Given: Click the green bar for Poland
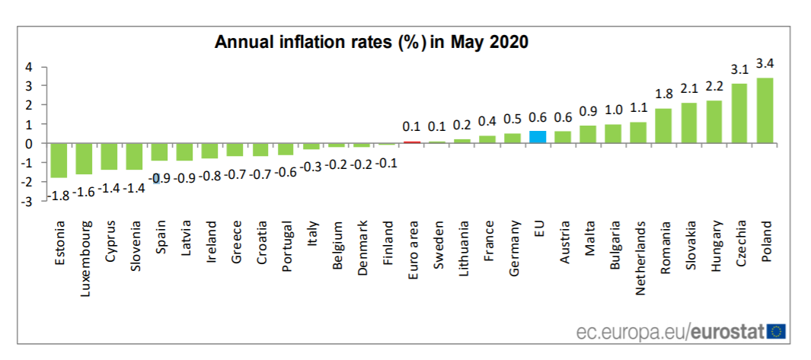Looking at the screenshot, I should click(x=765, y=110).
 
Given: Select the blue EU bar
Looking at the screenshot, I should click(x=538, y=137).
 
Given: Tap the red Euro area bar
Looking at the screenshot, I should click(x=412, y=142).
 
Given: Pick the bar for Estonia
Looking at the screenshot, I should click(x=59, y=160).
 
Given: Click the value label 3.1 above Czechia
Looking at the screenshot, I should click(x=739, y=69).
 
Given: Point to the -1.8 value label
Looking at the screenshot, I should click(x=57, y=195).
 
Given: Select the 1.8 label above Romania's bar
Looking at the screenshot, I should click(x=663, y=94).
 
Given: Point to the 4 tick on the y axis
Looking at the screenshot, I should click(x=28, y=66).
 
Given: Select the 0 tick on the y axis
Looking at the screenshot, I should click(x=28, y=143).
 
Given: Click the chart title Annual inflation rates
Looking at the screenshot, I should click(x=371, y=41).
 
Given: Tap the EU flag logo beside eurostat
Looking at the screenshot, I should click(x=777, y=331).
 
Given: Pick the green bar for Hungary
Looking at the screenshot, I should click(x=714, y=122).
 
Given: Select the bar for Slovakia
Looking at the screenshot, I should click(x=689, y=123).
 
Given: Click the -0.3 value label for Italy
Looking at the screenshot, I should click(x=311, y=165).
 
